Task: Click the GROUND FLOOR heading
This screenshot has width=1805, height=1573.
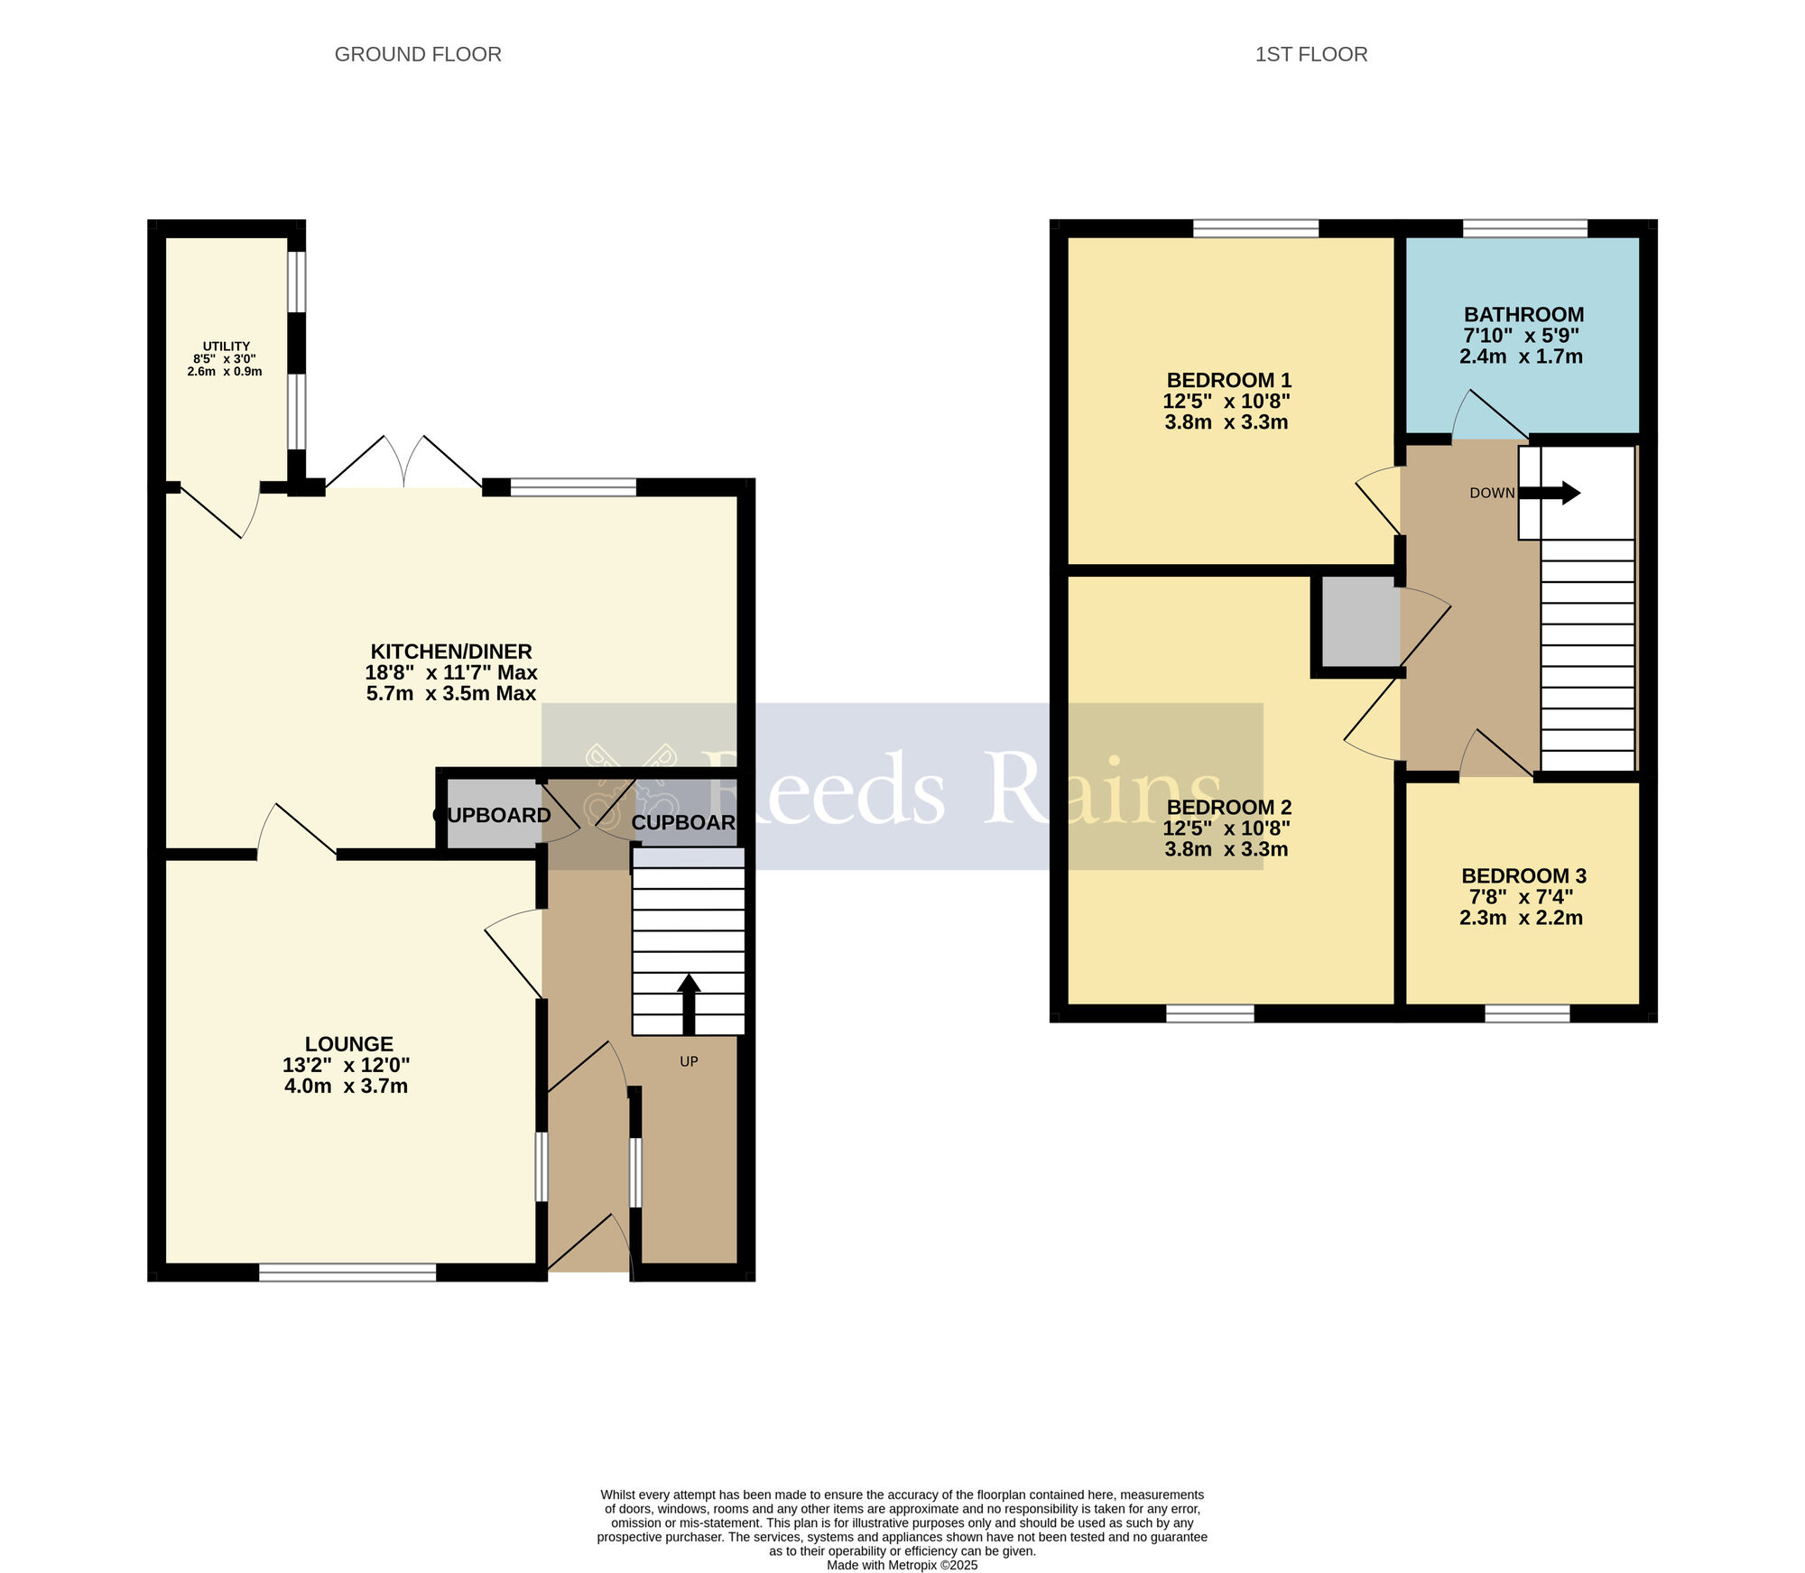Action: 418,54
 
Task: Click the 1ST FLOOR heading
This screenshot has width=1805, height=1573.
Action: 1310,54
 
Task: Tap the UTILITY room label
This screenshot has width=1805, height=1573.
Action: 226,347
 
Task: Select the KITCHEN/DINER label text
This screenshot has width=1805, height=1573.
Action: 451,652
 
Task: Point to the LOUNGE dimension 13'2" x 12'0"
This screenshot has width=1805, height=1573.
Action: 347,1065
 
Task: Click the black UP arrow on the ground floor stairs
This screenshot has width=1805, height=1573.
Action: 689,1002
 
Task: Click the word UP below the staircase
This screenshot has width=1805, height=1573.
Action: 689,1061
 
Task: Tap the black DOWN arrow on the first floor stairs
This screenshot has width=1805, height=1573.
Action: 1552,493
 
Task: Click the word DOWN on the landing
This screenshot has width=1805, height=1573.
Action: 1492,493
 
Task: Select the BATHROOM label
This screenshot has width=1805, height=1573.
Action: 1523,315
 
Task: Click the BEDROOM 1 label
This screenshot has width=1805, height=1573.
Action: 1228,381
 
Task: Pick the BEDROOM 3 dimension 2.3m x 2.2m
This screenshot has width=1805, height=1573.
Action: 1521,918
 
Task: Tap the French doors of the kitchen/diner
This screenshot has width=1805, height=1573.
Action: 403,465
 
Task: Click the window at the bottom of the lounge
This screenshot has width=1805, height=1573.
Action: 347,1272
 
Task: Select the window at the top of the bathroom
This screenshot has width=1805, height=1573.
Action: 1524,228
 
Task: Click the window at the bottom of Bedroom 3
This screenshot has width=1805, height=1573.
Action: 1527,1013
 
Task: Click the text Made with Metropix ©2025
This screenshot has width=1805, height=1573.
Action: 902,1565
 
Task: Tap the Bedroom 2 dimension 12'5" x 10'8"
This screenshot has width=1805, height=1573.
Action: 1226,828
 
